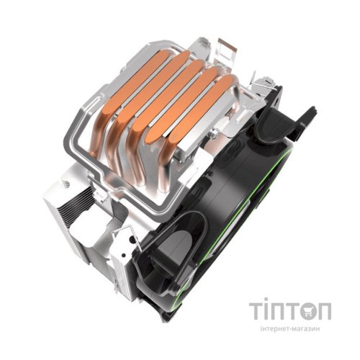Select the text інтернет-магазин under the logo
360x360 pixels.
click(x=290, y=328)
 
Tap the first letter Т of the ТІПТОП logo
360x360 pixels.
click(x=256, y=311)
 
